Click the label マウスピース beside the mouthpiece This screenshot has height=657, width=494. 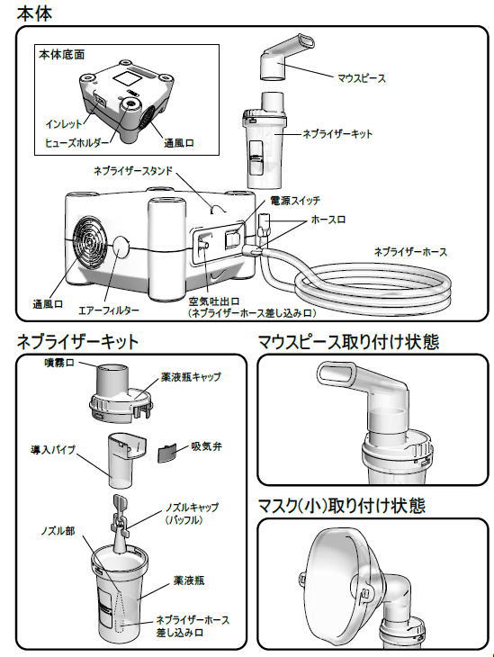pos(362,78)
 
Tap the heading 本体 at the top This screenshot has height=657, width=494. pos(34,13)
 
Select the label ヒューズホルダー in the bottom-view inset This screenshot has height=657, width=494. pos(77,143)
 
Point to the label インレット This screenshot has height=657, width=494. pos(64,124)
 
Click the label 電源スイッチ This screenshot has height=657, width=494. pos(295,201)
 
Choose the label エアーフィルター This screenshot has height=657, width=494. pos(109,310)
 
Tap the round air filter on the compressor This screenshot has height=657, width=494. pos(120,247)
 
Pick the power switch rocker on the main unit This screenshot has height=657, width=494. pos(233,239)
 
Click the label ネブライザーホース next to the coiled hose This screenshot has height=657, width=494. pos(410,252)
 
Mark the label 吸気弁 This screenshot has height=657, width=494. pos(207,446)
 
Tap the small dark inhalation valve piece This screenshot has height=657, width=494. pos(166,453)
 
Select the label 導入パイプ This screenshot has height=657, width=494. pos(53,450)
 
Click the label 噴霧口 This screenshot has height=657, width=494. pos(59,363)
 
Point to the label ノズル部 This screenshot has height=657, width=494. pos(58,531)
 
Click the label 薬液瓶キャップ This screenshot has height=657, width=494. pos(191,377)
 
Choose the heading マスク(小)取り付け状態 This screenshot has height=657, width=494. pos(342,506)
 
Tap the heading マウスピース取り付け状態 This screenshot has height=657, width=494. pos(348,342)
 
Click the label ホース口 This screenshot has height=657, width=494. pos(329,220)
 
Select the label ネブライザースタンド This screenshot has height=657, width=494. pos(134,170)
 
